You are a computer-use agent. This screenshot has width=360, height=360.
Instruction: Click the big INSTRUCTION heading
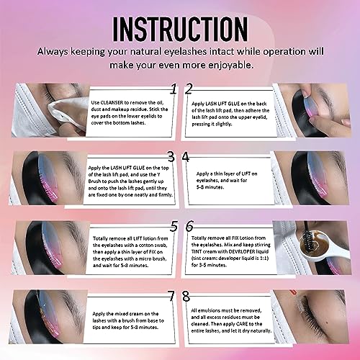tap(180, 29)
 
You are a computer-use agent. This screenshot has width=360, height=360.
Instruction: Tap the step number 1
tap(174, 89)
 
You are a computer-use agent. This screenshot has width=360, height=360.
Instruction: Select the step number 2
tap(189, 89)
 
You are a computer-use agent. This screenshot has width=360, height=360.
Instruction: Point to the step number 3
tap(171, 157)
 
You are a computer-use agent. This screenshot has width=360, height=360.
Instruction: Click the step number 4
tap(186, 157)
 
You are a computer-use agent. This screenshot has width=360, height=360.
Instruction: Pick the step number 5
tap(174, 226)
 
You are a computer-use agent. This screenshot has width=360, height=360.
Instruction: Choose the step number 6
tap(189, 226)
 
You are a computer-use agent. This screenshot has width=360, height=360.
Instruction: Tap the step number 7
tap(171, 296)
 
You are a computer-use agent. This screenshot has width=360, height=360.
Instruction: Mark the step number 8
tap(186, 296)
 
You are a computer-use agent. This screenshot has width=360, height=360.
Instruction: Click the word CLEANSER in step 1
tap(112, 102)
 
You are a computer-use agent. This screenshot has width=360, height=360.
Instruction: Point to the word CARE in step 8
tap(242, 324)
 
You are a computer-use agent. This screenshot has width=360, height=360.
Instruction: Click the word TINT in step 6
tap(197, 251)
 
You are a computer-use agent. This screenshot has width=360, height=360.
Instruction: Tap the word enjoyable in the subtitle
tap(230, 65)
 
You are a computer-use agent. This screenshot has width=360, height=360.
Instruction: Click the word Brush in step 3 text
tap(94, 181)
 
